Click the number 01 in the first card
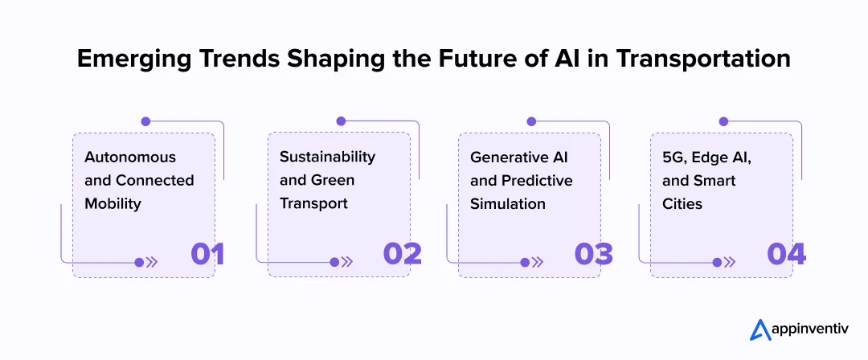tap(207, 254)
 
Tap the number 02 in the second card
tap(402, 254)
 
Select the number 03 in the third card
tap(593, 254)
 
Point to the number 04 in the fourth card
tap(785, 254)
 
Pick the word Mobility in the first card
tap(113, 204)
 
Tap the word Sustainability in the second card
tap(327, 157)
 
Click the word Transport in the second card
tap(313, 204)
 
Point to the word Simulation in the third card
tap(508, 204)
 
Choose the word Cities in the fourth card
tap(682, 204)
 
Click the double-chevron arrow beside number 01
tap(151, 262)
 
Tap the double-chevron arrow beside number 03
tap(537, 262)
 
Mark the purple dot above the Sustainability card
tap(341, 121)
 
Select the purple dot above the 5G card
tap(723, 121)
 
